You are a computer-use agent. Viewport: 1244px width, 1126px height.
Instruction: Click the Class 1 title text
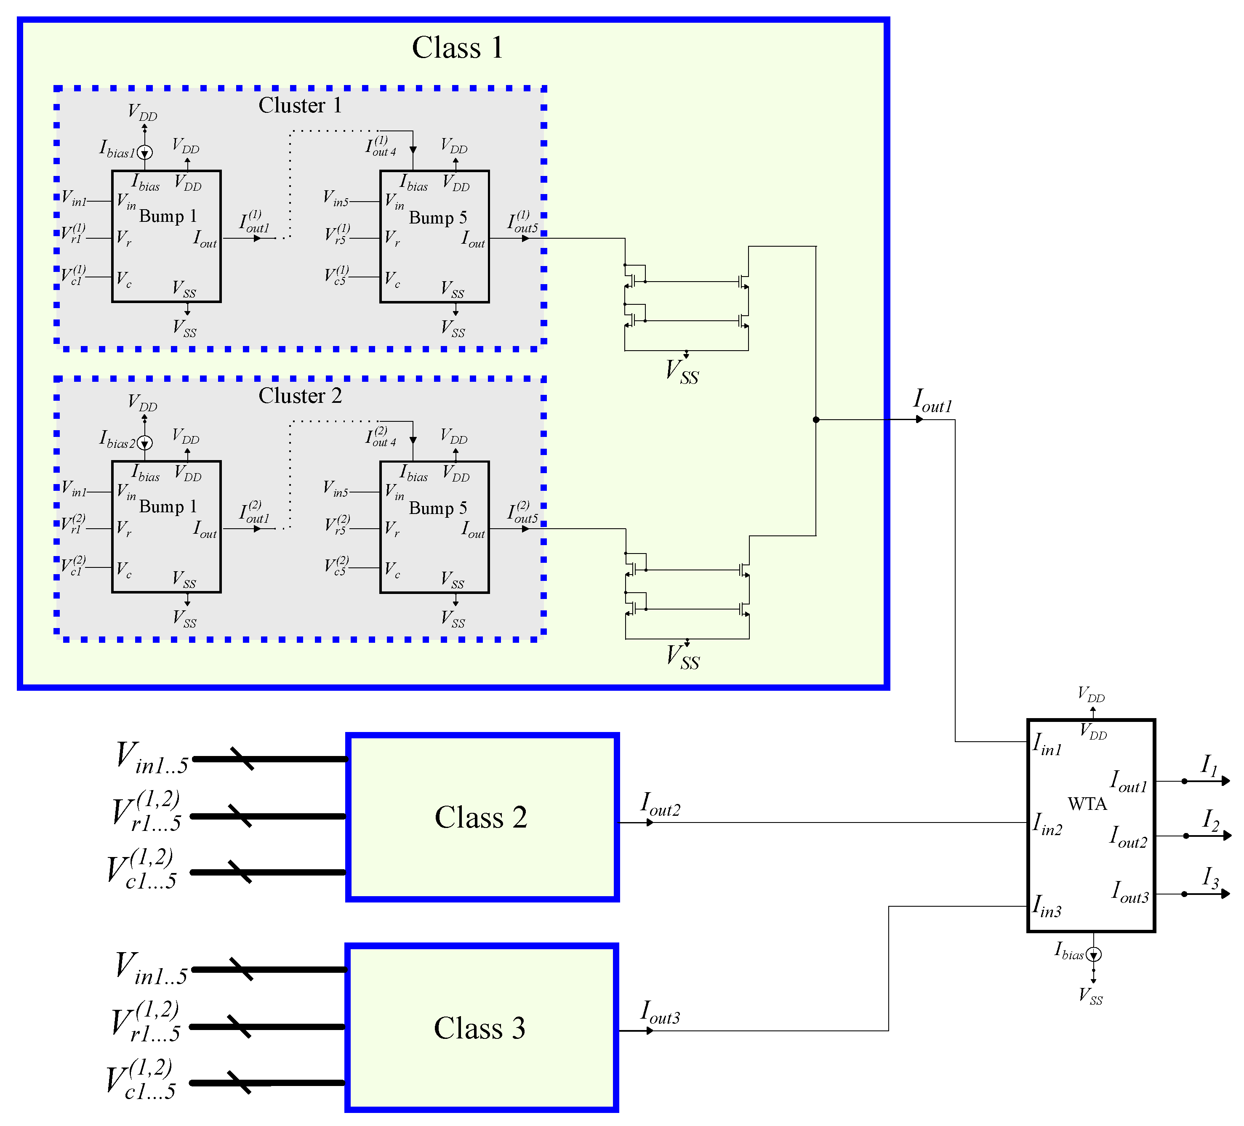[457, 48]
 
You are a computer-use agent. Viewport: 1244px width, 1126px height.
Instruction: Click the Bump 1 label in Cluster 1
[168, 216]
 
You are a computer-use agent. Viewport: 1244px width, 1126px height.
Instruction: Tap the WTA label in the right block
[1087, 804]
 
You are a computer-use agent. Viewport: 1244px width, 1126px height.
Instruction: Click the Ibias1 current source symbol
[144, 152]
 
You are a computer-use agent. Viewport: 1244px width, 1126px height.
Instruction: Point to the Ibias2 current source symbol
[144, 442]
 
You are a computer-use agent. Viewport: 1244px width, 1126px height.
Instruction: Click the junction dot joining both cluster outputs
[816, 420]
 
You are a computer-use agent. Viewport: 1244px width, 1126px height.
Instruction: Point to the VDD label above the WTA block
[1091, 695]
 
